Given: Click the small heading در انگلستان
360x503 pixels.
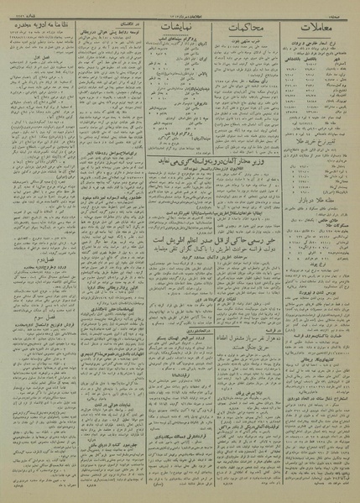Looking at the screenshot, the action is point(113,24).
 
